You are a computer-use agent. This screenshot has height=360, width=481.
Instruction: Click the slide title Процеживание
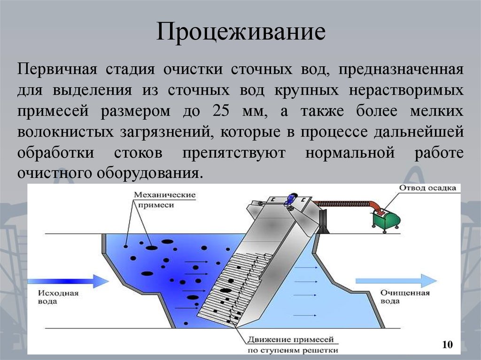241,31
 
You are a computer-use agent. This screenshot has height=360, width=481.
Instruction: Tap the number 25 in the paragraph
221,111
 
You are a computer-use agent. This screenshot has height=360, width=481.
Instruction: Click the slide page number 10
447,345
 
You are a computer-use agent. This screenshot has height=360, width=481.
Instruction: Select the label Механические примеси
165,199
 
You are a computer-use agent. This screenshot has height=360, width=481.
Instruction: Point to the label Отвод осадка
427,188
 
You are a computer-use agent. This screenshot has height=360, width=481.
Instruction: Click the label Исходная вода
58,297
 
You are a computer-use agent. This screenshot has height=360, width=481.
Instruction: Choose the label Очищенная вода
404,297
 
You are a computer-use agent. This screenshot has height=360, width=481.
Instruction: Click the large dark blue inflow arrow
68,281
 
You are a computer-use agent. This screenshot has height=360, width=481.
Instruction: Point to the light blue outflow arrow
396,281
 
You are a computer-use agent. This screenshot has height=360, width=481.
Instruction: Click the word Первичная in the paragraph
57,69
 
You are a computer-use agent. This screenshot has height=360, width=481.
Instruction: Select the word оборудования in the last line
150,173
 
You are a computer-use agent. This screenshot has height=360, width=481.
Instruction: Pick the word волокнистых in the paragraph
65,131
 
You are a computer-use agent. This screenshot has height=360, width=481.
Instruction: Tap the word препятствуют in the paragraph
234,153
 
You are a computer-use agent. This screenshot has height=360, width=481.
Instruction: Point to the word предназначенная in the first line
401,69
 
